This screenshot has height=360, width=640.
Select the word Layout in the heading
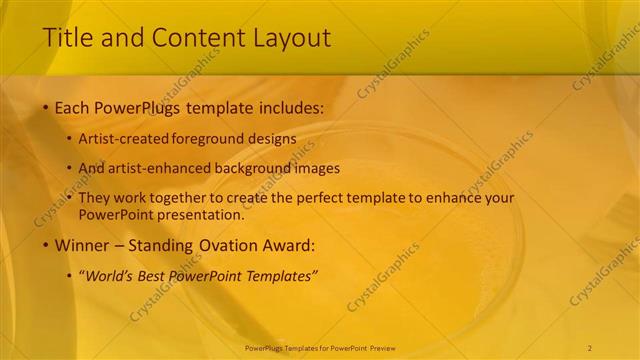tap(292, 38)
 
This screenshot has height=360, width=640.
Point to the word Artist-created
tap(122, 139)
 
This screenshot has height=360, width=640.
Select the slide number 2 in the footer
tap(590, 347)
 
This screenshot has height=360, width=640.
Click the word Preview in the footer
tap(383, 347)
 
